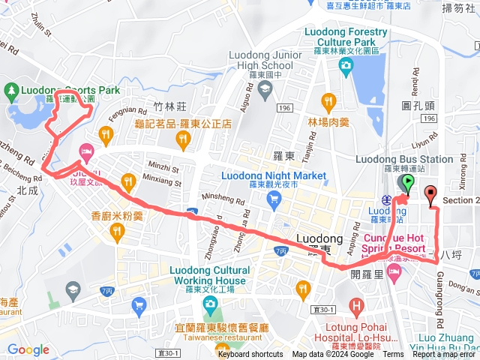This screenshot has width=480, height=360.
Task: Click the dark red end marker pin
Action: [x=430, y=195]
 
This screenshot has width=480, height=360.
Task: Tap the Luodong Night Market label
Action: [x=274, y=176]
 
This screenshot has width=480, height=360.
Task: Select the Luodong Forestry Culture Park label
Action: [x=346, y=37]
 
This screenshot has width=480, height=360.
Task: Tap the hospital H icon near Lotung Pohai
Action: [x=355, y=306]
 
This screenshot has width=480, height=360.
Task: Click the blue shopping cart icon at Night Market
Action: [x=274, y=199]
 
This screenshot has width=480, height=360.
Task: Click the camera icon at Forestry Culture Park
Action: [x=346, y=69]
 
